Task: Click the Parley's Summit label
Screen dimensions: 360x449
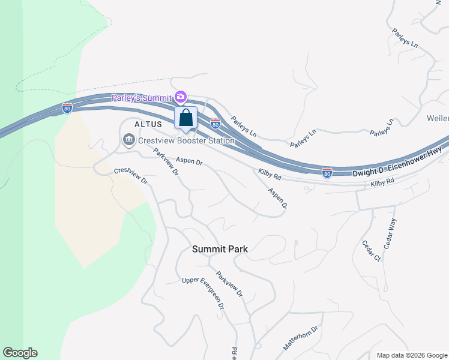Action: tap(140, 98)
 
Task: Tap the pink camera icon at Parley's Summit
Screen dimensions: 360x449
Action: tap(181, 97)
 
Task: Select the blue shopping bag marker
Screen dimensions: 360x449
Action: tap(186, 118)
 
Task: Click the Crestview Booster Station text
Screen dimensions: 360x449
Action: tap(185, 141)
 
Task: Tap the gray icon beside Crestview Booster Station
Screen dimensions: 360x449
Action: tap(128, 140)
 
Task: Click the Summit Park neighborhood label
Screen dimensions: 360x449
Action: tap(220, 248)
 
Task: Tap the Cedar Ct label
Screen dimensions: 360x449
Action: tap(372, 251)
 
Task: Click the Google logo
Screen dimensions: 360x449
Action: tap(20, 353)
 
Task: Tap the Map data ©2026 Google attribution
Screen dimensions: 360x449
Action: tap(411, 355)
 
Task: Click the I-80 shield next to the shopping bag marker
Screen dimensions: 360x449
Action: tap(215, 124)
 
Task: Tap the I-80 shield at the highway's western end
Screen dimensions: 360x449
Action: tap(67, 108)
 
